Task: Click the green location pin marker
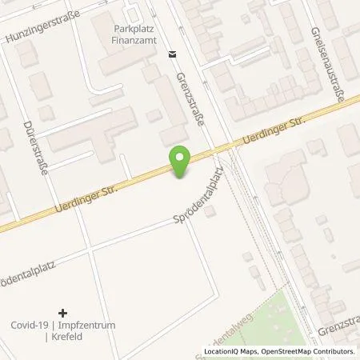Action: [x=181, y=162]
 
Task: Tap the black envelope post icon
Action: [x=172, y=54]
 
